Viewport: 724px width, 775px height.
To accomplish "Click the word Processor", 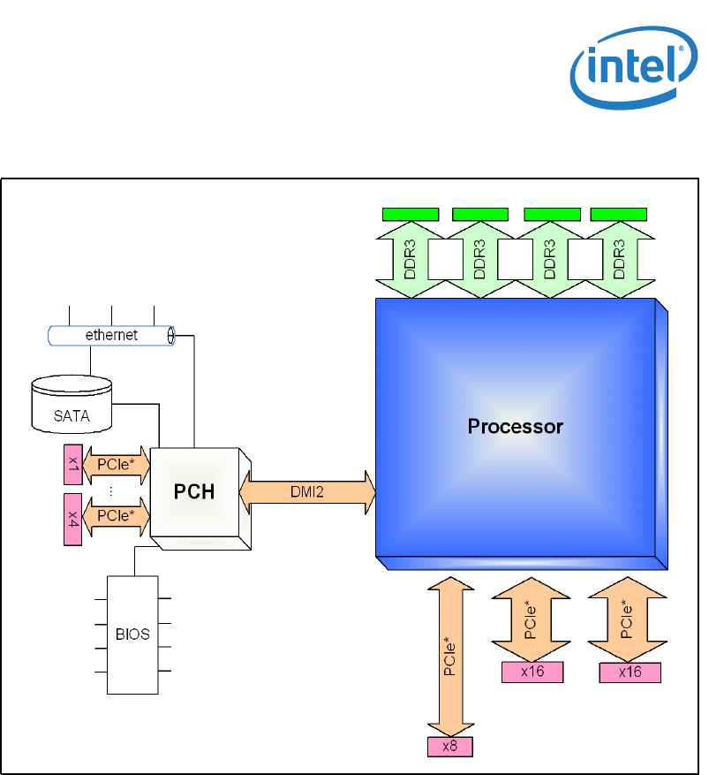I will pos(515,427).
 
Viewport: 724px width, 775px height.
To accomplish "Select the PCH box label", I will pos(193,491).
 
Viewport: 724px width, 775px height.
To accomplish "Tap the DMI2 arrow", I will pos(307,492).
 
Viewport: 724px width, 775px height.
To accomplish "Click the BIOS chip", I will pos(132,634).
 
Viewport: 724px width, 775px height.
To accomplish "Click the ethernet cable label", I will pos(111,336).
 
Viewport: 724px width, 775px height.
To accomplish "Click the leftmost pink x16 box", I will pos(532,672).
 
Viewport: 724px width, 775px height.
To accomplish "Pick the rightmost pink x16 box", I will pos(630,672).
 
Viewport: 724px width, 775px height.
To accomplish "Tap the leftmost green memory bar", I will pos(411,213).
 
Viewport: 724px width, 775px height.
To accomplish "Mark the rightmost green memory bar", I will pos(618,213).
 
